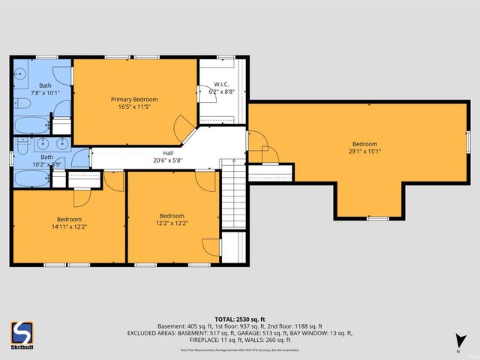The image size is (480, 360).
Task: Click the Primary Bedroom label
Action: tap(134, 99)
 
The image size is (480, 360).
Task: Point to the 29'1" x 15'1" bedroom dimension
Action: tap(364, 151)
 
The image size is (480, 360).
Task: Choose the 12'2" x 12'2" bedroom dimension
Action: tap(171, 223)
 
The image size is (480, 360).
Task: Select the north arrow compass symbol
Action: tap(457, 343)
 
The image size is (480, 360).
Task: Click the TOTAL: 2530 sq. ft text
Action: tap(239, 319)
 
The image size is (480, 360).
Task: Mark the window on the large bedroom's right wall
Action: tap(466, 142)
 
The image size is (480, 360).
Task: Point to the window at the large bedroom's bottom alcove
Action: tap(377, 218)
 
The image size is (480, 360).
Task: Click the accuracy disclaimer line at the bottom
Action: tap(239, 349)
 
